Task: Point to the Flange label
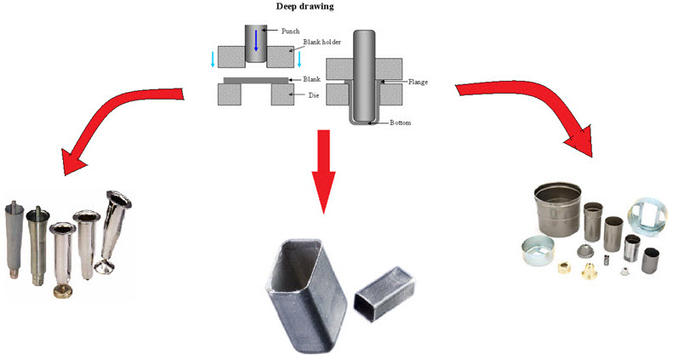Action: point(418,82)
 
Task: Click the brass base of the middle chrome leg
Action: point(61,291)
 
